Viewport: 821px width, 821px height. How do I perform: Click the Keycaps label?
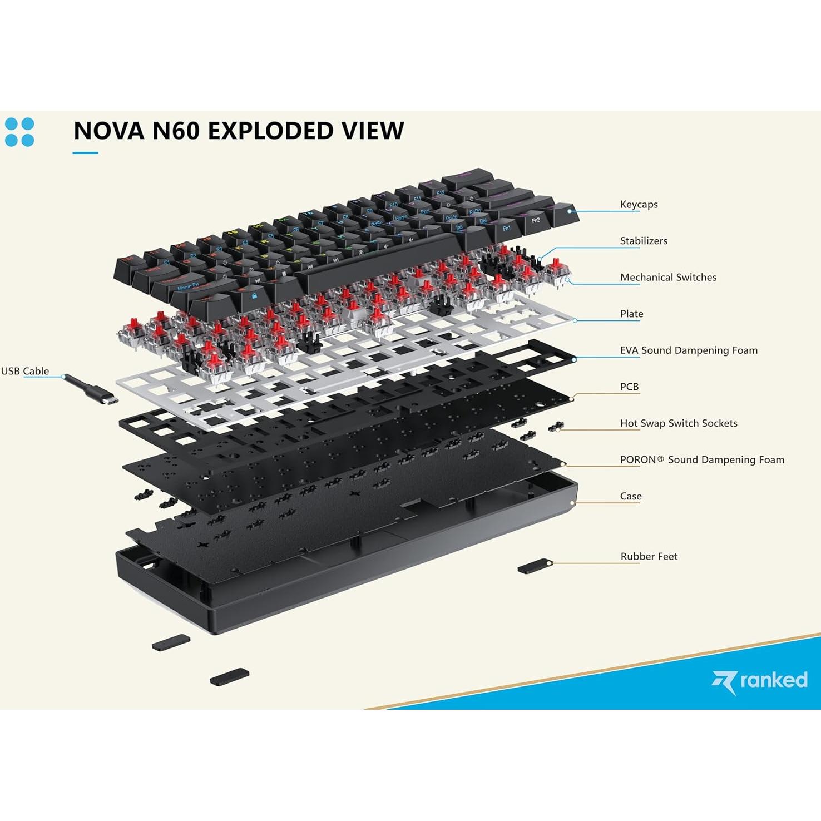(639, 205)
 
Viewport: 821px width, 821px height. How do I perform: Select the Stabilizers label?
(644, 241)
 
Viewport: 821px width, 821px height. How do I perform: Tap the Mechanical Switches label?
(668, 278)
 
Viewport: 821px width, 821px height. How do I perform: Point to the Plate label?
(631, 314)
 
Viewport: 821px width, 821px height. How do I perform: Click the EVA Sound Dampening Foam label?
(689, 350)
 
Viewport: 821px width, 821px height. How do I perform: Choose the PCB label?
(629, 387)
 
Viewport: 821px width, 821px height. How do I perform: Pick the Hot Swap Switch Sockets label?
(679, 423)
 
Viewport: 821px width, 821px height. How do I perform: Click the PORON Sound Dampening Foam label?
(702, 460)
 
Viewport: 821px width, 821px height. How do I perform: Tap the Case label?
(631, 496)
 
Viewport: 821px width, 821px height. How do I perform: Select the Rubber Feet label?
(649, 557)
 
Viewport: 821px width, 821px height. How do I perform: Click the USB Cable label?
(25, 371)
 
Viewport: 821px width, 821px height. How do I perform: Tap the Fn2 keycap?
(536, 220)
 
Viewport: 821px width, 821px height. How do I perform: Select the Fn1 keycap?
(506, 229)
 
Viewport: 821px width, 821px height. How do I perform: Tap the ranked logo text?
(773, 680)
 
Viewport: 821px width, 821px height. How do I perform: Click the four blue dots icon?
(19, 132)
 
